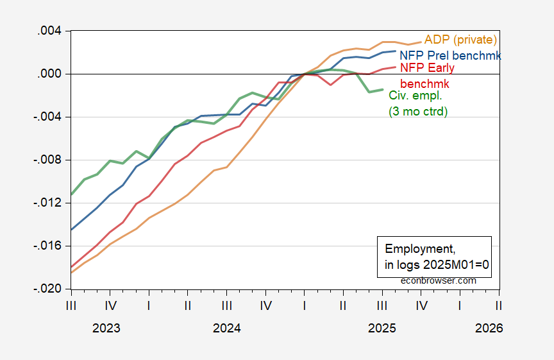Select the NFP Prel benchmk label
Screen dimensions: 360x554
click(450, 55)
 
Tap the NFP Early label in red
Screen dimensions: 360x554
click(426, 67)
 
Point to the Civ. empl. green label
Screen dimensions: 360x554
click(415, 95)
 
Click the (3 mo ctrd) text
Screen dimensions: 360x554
click(418, 111)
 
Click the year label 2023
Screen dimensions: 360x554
click(106, 328)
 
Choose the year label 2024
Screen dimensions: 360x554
click(227, 328)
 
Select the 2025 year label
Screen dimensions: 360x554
click(382, 328)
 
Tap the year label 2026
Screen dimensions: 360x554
click(489, 328)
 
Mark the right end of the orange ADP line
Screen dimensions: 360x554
click(421, 42)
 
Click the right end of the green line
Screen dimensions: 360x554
click(383, 90)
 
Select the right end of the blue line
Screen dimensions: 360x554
click(396, 51)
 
